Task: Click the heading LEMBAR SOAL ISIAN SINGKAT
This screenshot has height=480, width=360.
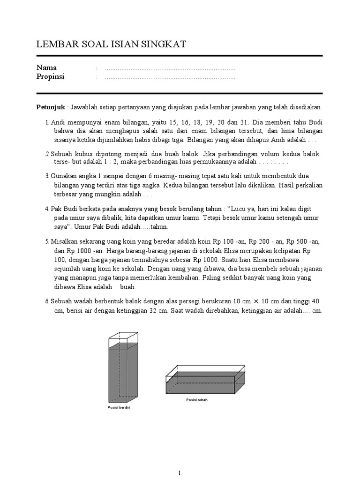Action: click(111, 45)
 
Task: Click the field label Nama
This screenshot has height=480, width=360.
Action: click(46, 68)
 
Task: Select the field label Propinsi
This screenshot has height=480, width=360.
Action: click(50, 77)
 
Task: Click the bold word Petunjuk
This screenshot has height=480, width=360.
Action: click(51, 107)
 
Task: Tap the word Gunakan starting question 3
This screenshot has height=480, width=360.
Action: click(64, 176)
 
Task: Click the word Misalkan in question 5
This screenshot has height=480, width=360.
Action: click(66, 241)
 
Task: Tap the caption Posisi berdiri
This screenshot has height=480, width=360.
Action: click(119, 408)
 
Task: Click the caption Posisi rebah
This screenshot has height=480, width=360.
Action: click(196, 400)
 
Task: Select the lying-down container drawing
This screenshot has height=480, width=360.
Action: click(205, 380)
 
